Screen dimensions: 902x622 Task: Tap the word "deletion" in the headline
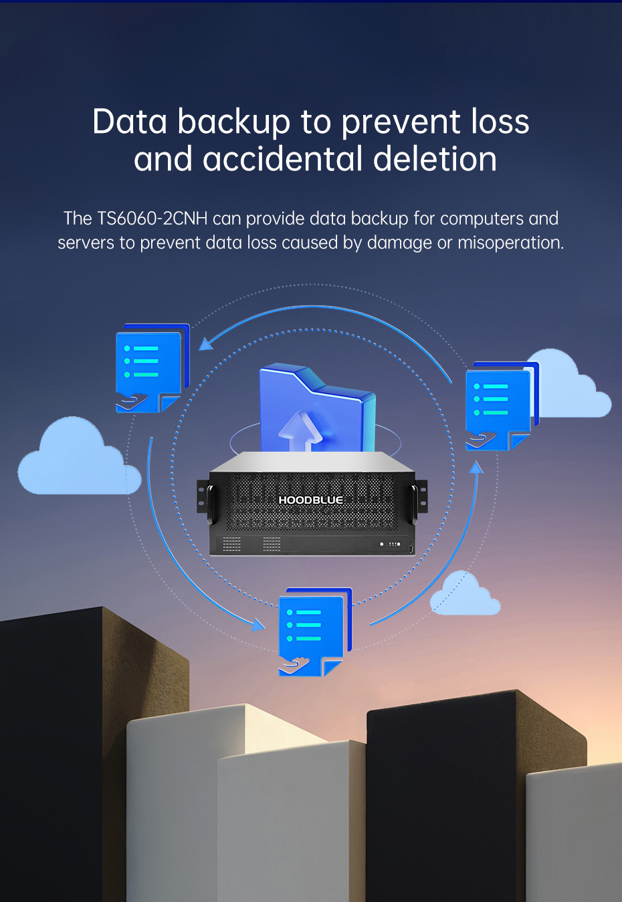pyautogui.click(x=435, y=160)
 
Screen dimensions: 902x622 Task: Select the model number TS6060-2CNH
pyautogui.click(x=152, y=218)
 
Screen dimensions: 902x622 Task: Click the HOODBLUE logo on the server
pyautogui.click(x=310, y=500)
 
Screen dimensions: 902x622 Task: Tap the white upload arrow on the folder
pyautogui.click(x=300, y=430)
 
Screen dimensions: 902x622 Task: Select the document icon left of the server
pyautogui.click(x=151, y=367)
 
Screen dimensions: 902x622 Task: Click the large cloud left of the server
pyautogui.click(x=76, y=460)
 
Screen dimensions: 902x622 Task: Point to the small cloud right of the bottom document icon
pyautogui.click(x=466, y=595)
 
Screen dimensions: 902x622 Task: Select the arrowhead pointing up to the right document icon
pyautogui.click(x=476, y=468)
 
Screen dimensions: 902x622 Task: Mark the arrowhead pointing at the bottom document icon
pyautogui.click(x=258, y=625)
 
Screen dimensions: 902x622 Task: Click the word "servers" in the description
pyautogui.click(x=86, y=243)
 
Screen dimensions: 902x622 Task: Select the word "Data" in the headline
pyautogui.click(x=129, y=123)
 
